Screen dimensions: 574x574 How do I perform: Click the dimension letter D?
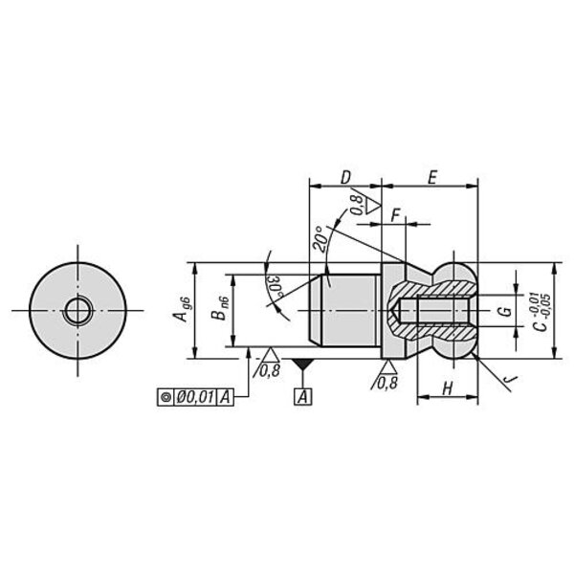pos(345,178)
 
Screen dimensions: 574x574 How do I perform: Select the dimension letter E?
pos(432,178)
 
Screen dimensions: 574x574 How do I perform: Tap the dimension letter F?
pos(395,216)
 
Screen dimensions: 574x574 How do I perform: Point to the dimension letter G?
pos(505,311)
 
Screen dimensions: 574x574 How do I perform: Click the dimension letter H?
pos(448,388)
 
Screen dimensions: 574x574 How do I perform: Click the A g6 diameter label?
pos(182,311)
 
